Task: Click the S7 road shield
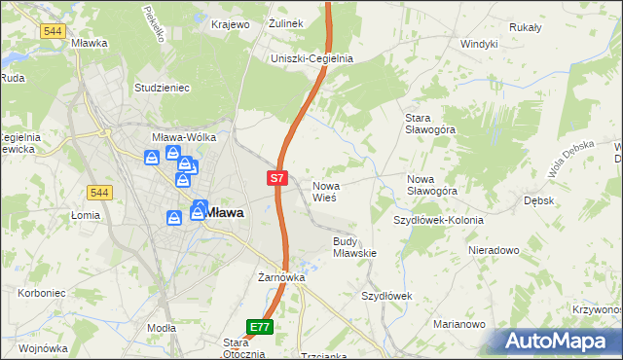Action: [x=277, y=179]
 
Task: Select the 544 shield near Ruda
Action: [x=54, y=31]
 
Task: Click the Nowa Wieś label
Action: [x=324, y=191]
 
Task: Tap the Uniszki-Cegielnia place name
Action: [x=311, y=58]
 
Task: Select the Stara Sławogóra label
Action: [x=429, y=126]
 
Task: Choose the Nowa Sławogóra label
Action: [x=432, y=185]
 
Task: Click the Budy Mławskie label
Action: [x=354, y=246]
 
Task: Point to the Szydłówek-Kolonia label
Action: [x=438, y=220]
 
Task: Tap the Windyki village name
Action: [x=479, y=44]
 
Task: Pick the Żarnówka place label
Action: [x=281, y=277]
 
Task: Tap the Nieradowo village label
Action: [x=494, y=250]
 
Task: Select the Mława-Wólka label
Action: [x=184, y=138]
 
